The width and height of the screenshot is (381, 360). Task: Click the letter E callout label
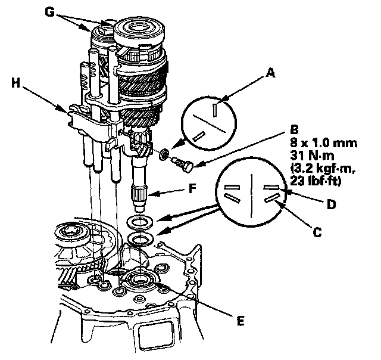240,321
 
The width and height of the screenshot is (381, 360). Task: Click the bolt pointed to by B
182,163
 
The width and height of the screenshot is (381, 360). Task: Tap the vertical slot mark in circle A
213,108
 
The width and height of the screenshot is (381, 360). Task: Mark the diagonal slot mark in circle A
200,135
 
